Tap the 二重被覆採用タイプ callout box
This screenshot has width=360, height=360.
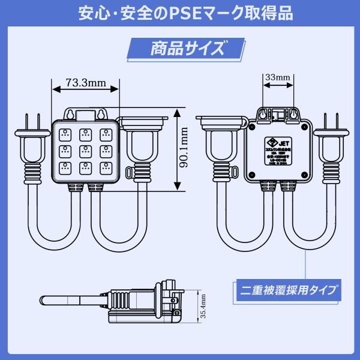coord(286,290)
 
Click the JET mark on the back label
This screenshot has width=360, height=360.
coord(277,142)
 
